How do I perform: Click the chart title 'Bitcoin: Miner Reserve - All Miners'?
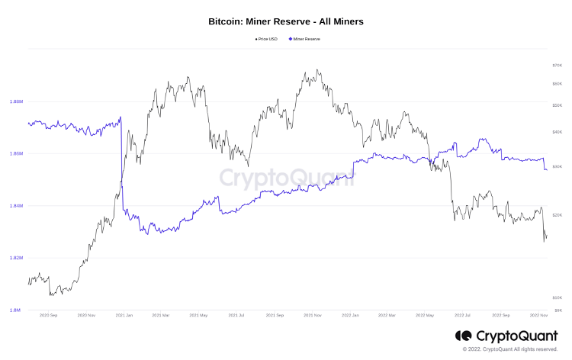tap(286, 22)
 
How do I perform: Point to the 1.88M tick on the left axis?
tap(16, 101)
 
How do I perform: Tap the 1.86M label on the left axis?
tap(16, 153)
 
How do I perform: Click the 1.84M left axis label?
tap(16, 206)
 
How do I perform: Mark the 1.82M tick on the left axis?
tap(16, 258)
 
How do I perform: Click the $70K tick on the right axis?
tap(557, 66)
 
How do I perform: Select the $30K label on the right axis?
tap(557, 166)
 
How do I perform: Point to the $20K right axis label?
tap(557, 215)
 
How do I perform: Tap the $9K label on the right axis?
tap(558, 310)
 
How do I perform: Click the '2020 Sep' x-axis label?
tap(48, 315)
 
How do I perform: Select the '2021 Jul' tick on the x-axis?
tap(236, 315)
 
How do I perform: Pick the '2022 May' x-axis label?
tap(424, 315)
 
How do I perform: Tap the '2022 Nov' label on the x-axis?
tap(538, 315)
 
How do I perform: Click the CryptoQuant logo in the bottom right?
tap(506, 336)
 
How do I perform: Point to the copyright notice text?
tap(516, 349)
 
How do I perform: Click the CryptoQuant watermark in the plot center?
tap(285, 178)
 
